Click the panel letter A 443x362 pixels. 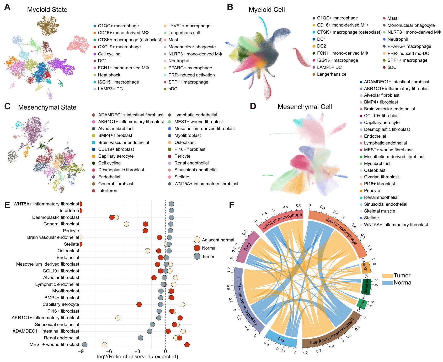(x=7, y=7)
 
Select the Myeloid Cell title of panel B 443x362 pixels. (x=266, y=10)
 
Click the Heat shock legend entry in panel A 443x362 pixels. (x=109, y=75)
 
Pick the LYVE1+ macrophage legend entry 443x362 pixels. (x=189, y=26)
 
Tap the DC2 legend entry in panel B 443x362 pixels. (x=321, y=46)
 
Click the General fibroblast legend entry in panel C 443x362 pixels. (x=115, y=184)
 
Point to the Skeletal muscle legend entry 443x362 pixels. (x=379, y=211)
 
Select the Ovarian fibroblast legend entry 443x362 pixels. (x=381, y=177)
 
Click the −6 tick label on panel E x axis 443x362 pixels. (x=109, y=351)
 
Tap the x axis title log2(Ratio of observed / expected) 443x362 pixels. (x=137, y=357)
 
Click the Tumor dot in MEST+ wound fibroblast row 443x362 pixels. (x=85, y=345)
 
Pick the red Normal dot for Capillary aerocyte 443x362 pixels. (x=139, y=304)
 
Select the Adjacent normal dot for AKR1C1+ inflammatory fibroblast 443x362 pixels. (x=118, y=318)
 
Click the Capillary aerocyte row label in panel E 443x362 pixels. (x=61, y=304)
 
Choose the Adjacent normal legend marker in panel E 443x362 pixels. (x=197, y=240)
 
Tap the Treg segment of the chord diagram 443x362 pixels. (x=247, y=247)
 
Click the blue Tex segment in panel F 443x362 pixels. (x=281, y=340)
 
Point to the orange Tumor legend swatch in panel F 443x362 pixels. (x=387, y=276)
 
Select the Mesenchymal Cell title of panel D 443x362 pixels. (x=305, y=107)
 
